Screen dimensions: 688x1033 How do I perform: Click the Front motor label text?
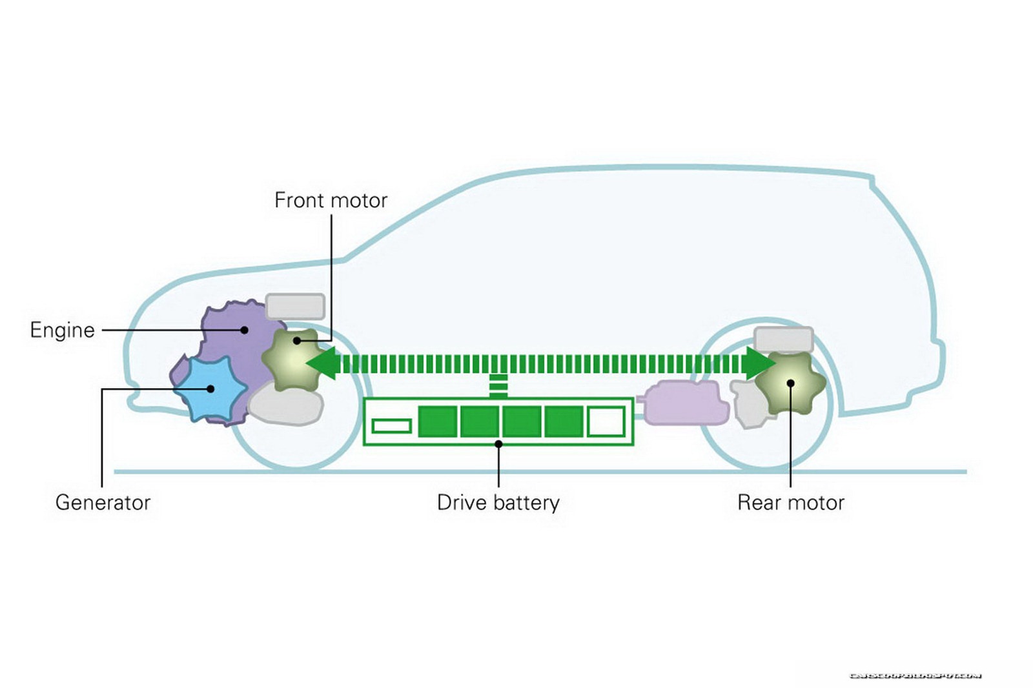(x=331, y=201)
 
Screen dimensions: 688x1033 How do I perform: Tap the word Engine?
(x=62, y=330)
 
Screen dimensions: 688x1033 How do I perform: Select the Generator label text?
(x=103, y=502)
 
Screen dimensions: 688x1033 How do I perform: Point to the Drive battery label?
(x=498, y=502)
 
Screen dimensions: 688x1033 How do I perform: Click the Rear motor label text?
(x=790, y=502)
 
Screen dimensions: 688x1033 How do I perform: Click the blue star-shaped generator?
(x=210, y=389)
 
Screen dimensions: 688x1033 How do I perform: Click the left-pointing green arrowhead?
(x=324, y=363)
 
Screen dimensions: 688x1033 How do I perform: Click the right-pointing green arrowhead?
(x=758, y=363)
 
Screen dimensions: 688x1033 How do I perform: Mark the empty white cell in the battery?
(x=606, y=421)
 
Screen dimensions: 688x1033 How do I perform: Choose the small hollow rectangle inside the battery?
(x=392, y=426)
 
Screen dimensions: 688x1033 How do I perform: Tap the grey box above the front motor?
(x=295, y=307)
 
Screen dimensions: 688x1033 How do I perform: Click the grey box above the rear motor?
(x=783, y=339)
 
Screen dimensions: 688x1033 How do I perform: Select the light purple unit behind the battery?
(x=686, y=403)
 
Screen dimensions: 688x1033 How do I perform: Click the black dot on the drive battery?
(x=498, y=444)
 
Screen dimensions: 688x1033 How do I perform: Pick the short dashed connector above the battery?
(x=498, y=385)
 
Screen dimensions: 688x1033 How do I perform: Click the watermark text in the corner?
(x=915, y=675)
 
